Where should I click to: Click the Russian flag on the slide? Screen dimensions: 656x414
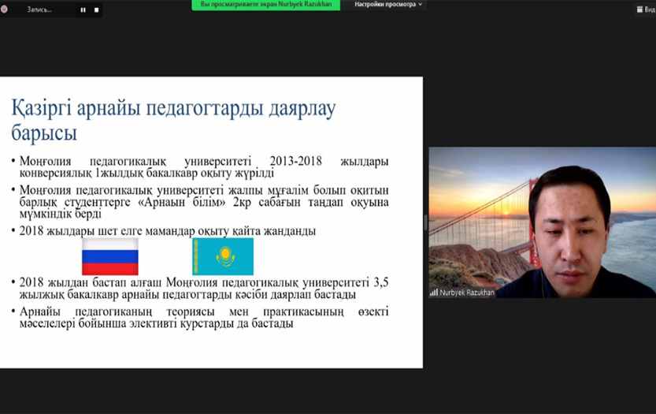110,256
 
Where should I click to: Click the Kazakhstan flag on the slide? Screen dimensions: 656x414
223,256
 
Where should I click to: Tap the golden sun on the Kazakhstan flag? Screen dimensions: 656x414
225,253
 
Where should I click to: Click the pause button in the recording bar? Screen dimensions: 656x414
83,9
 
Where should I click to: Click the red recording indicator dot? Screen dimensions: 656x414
4,9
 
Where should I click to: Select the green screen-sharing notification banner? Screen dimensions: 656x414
266,5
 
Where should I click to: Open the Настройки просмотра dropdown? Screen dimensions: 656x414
388,5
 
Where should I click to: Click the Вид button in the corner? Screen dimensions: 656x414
646,9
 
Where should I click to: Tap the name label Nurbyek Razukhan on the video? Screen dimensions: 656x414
467,293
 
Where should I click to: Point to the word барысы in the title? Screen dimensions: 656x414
44,133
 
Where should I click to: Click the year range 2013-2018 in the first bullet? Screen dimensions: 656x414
296,162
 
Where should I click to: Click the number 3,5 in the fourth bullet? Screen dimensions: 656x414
380,282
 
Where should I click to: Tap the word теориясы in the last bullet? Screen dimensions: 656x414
191,312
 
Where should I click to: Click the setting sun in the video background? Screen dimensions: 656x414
506,211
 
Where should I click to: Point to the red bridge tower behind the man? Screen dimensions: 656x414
533,222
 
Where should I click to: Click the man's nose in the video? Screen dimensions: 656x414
570,250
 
